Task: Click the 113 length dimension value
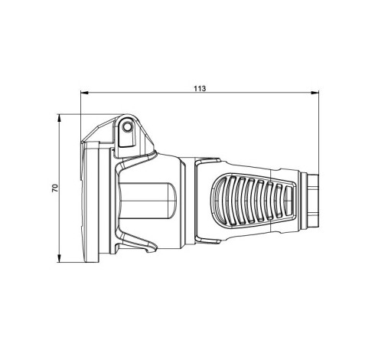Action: coord(200,89)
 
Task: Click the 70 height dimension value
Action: coord(55,188)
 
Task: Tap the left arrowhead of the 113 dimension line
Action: coord(84,93)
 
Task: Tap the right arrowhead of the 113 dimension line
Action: coord(315,93)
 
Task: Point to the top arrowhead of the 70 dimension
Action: coord(59,118)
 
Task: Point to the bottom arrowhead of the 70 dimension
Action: coord(59,258)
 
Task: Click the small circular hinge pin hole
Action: coord(127,126)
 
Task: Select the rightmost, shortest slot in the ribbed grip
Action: coord(289,200)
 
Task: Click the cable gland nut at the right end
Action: coord(313,201)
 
